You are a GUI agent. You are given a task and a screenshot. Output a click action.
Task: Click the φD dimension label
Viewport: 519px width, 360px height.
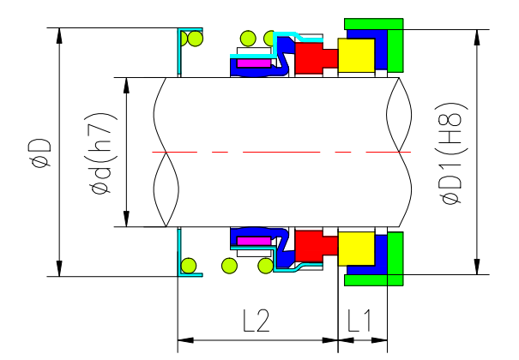(39, 153)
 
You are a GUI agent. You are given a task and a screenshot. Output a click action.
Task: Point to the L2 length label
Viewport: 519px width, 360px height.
(256, 321)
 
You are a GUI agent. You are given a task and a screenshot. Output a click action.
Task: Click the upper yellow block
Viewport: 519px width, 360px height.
(357, 56)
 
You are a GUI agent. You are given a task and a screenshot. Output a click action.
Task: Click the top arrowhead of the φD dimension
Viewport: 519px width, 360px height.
(59, 35)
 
